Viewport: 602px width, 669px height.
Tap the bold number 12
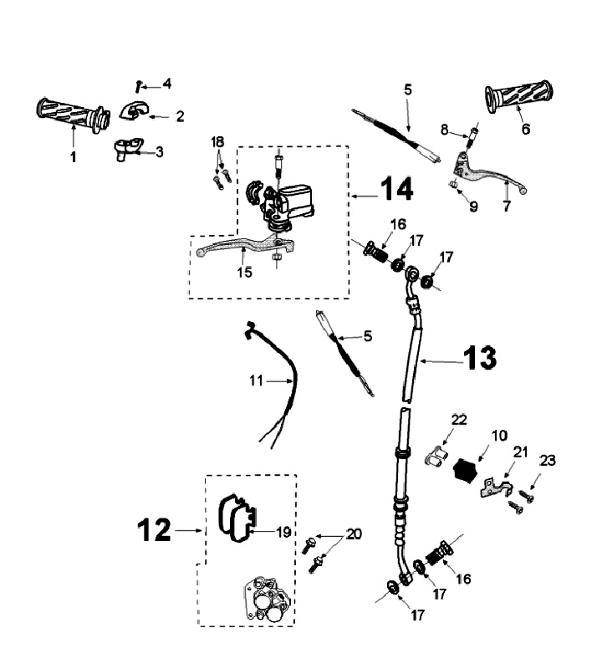coord(156,530)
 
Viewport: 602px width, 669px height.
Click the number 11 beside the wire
coord(256,380)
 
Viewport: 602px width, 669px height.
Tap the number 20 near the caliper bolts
coord(355,534)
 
